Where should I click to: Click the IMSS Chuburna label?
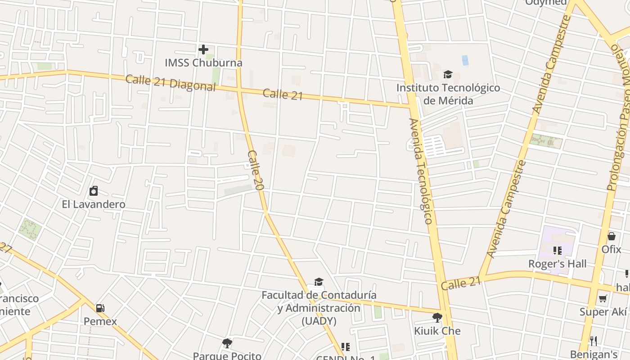(203, 63)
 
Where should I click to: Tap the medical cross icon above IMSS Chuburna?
(203, 49)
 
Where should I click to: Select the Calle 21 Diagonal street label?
(171, 83)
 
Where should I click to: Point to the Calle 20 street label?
(255, 170)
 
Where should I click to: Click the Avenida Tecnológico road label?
(421, 171)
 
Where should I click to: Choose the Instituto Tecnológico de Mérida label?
(448, 94)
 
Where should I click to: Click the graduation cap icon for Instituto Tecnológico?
(448, 74)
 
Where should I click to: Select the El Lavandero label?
(94, 204)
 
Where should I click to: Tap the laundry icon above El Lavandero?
(94, 191)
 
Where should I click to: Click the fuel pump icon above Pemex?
(100, 308)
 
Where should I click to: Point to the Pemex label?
(100, 321)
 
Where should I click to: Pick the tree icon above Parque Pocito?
(227, 343)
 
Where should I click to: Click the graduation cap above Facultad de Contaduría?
(319, 282)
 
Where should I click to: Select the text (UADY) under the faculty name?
(319, 321)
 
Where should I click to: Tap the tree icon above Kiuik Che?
(437, 318)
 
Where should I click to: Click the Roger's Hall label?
(558, 264)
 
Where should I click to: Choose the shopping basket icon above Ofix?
(612, 236)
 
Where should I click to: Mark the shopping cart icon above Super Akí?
(603, 299)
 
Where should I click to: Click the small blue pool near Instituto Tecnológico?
(465, 60)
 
